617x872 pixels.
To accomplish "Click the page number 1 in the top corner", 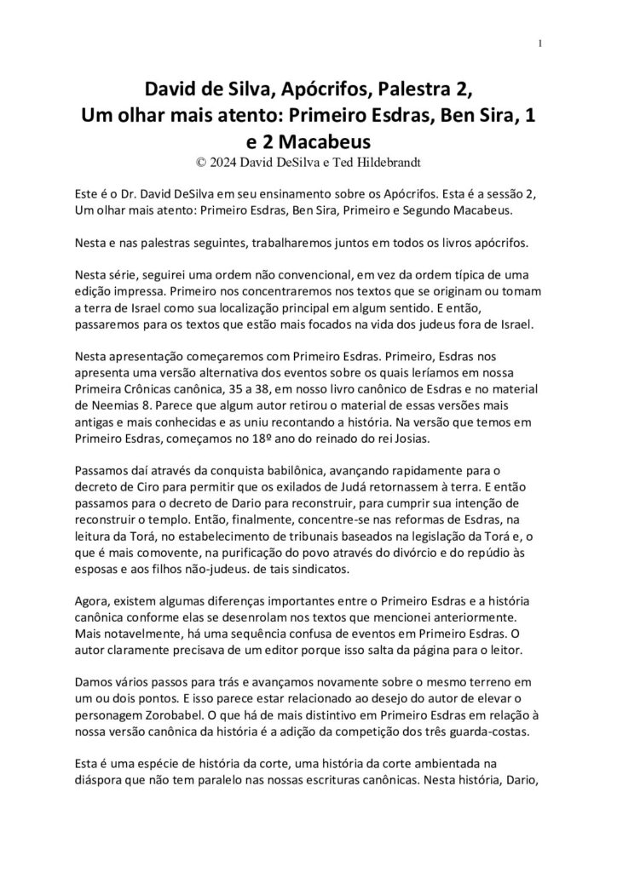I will point(541,44).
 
